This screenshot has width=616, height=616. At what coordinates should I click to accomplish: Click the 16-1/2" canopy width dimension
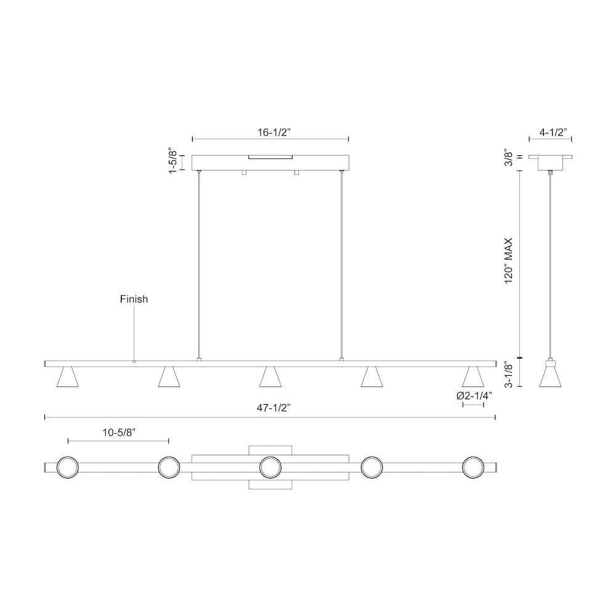pos(274,132)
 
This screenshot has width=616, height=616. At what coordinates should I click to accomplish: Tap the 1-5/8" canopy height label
pos(172,161)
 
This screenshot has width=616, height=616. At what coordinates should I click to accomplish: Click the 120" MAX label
pos(509,261)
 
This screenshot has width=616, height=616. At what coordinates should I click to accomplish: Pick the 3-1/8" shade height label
pos(509,376)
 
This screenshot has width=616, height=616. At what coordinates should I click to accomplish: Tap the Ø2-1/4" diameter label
pos(474,396)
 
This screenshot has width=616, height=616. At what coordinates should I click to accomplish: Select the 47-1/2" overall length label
pos(274,408)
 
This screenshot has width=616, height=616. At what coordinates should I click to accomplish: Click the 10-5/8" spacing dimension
pos(119,432)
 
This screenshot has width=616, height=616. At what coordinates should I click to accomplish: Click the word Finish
pos(134,299)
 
